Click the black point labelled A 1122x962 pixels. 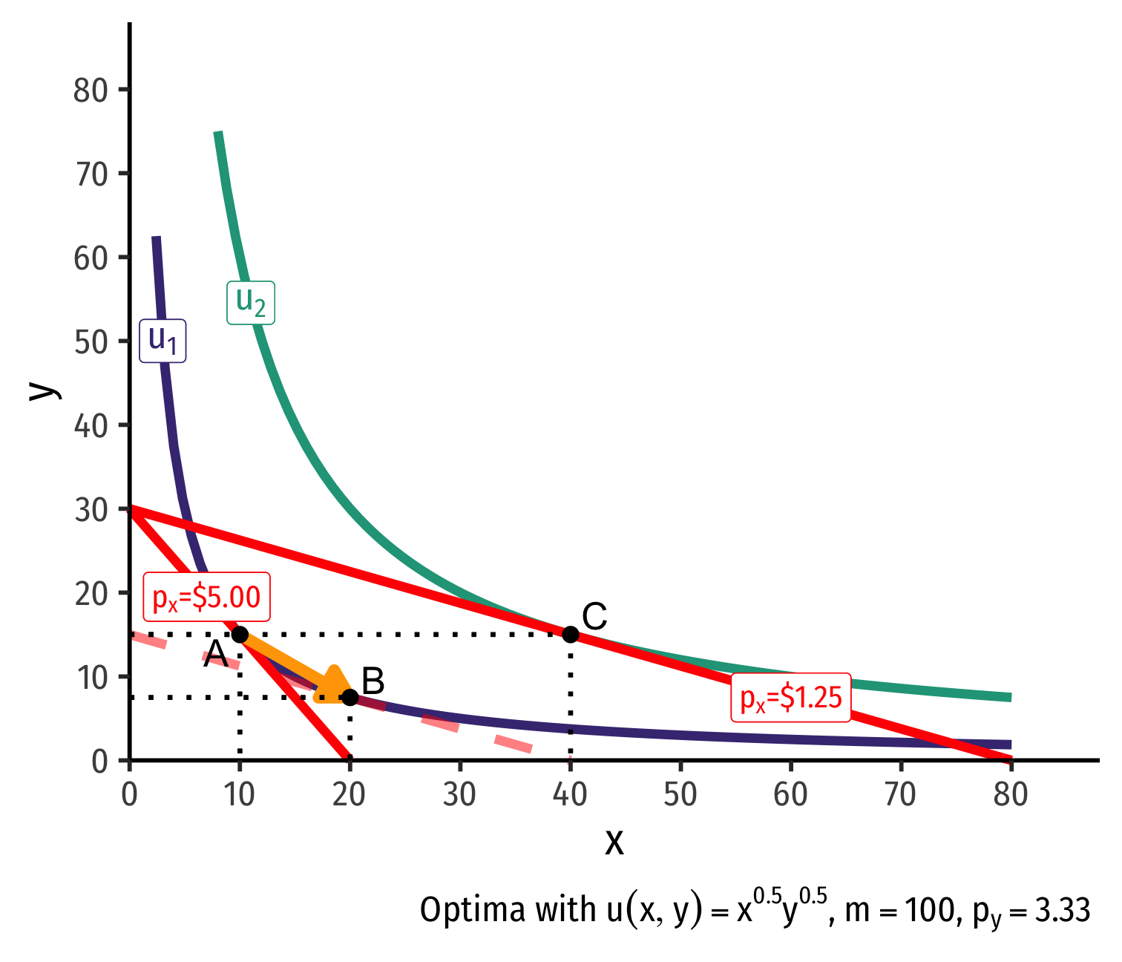click(240, 634)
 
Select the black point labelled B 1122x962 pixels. click(350, 697)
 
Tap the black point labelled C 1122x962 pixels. click(570, 634)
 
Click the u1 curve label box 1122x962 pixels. click(163, 341)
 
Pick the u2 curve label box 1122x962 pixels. click(251, 302)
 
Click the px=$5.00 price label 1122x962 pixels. click(206, 597)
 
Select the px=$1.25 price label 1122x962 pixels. click(791, 698)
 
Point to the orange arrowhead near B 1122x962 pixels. click(334, 686)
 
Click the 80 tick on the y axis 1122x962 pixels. click(91, 91)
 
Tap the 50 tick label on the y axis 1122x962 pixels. click(91, 342)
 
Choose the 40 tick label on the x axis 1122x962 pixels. click(570, 795)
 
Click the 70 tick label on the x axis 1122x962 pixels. click(900, 795)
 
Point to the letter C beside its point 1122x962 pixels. click(594, 617)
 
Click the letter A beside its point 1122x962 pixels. click(215, 654)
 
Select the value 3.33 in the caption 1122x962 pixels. click(1063, 911)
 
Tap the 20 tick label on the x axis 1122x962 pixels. click(350, 795)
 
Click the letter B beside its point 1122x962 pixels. click(373, 681)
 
